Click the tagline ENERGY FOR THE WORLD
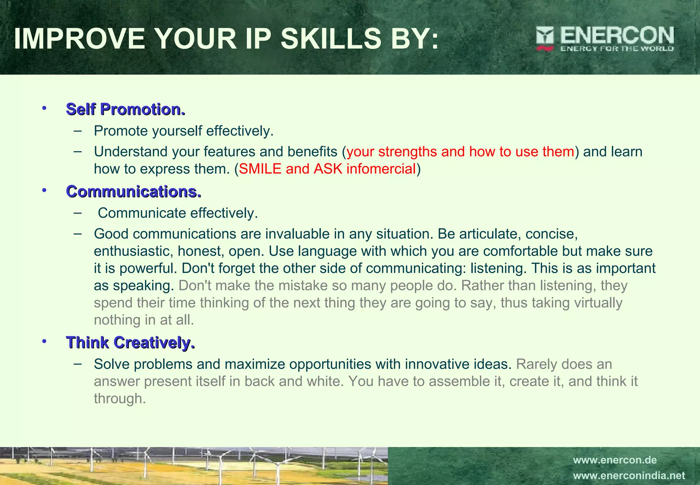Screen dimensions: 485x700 tap(617, 49)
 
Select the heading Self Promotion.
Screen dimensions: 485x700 tap(125, 109)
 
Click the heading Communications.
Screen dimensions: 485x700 tap(134, 192)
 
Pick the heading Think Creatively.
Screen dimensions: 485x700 tap(130, 342)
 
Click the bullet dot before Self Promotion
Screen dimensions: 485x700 tap(44, 108)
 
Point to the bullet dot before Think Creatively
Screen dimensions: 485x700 tap(44, 341)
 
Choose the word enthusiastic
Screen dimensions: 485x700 tap(134, 251)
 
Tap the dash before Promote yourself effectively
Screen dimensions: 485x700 tap(78, 130)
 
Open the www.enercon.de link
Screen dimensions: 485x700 tap(615, 460)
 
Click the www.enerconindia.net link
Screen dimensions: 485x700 tap(629, 476)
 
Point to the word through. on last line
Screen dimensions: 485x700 tap(120, 399)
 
